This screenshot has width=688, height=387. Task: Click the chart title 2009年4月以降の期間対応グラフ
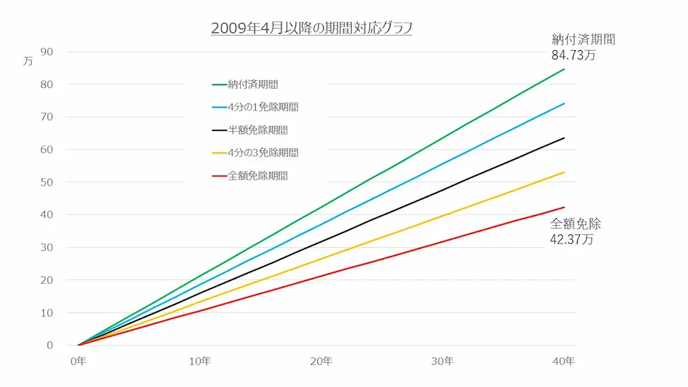[311, 29]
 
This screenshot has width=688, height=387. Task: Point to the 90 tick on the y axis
[47, 52]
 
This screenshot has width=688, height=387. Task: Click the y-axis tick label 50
[47, 182]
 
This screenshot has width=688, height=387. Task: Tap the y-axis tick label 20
[47, 280]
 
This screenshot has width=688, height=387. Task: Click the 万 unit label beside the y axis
[28, 61]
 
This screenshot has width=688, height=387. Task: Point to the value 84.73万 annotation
[573, 54]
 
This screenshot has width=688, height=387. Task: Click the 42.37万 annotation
[572, 239]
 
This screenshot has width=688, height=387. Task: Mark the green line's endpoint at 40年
[565, 69]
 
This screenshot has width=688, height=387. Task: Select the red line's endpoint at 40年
[565, 207]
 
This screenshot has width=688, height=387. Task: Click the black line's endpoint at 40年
[565, 138]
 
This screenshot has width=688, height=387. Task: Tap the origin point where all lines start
[78, 345]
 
